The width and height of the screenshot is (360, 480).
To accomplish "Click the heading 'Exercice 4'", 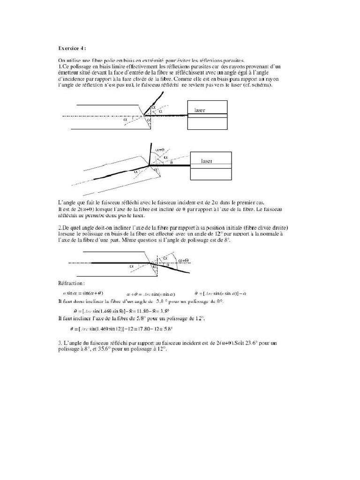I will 72,48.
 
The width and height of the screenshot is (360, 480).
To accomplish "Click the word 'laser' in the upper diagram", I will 200,110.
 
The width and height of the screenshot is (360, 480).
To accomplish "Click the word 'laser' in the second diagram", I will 206,161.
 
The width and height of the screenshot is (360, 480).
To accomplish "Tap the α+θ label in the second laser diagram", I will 159,150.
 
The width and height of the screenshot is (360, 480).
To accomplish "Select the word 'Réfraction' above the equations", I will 71,283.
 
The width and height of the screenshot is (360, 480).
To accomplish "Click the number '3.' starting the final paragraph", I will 60,344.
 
